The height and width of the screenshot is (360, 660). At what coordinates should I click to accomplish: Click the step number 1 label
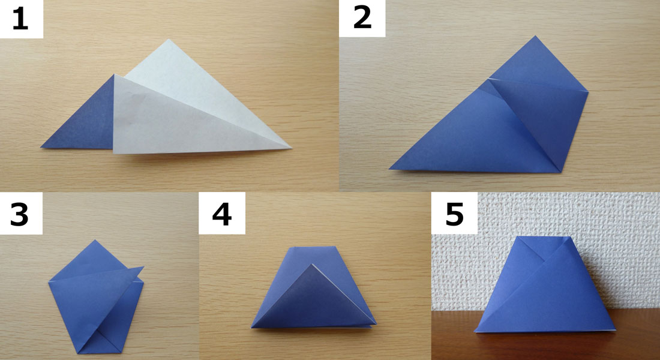(x=20, y=20)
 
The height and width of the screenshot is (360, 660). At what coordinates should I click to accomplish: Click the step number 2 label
(x=362, y=19)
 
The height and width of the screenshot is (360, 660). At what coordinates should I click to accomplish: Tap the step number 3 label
(x=19, y=214)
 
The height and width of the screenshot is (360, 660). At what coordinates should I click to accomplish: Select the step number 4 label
(x=222, y=214)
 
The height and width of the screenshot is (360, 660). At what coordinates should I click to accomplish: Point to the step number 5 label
(x=454, y=214)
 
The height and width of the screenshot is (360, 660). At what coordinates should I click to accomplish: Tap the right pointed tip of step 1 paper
(x=291, y=148)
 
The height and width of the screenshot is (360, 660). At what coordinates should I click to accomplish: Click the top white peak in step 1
(x=169, y=40)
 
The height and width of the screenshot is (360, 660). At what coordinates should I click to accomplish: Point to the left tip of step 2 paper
(x=390, y=169)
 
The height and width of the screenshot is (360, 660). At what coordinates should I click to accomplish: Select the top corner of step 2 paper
(x=535, y=36)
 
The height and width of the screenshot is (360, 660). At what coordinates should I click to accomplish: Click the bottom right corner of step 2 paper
(x=560, y=172)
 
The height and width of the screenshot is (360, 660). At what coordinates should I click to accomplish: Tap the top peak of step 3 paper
(x=95, y=241)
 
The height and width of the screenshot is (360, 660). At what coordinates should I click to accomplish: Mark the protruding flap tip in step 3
(x=143, y=267)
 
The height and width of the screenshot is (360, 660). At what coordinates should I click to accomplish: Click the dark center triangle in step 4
(x=312, y=302)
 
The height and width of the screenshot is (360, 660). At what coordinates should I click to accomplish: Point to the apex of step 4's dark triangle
(x=312, y=265)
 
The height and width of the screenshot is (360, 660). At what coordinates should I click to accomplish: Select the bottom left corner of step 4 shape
(x=252, y=327)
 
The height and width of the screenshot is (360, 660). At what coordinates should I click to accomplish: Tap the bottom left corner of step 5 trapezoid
(x=475, y=331)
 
